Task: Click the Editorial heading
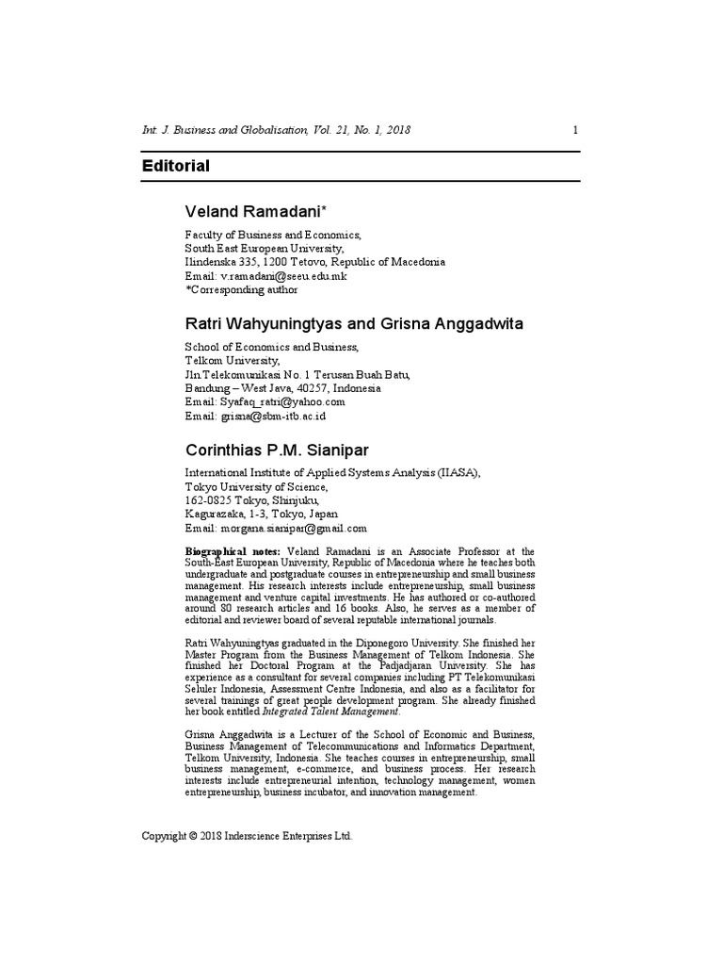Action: pyautogui.click(x=175, y=166)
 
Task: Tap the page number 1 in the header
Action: pyautogui.click(x=575, y=130)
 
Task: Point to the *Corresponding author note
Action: pyautogui.click(x=241, y=290)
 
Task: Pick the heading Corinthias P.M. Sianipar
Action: pyautogui.click(x=280, y=449)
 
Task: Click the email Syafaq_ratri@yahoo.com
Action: pyautogui.click(x=278, y=401)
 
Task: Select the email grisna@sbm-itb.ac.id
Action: pyautogui.click(x=273, y=416)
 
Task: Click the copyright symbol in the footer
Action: pyautogui.click(x=191, y=836)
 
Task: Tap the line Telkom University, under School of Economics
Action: pyautogui.click(x=233, y=360)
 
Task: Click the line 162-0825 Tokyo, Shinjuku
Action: pyautogui.click(x=247, y=500)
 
